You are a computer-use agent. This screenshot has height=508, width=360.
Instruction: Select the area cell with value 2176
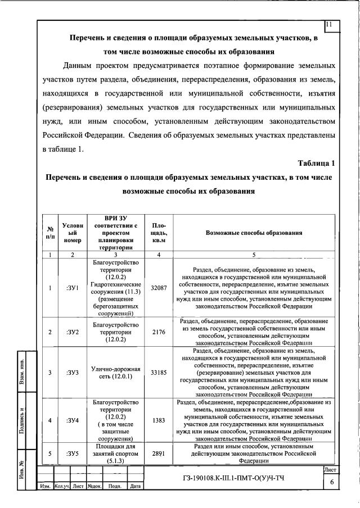point(158,332)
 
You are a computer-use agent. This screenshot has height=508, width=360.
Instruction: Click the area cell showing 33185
point(158,372)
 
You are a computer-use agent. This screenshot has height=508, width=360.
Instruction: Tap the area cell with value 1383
point(158,420)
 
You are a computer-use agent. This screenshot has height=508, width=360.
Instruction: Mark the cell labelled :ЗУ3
point(73,372)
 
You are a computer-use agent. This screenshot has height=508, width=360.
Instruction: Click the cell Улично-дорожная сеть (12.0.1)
point(115,372)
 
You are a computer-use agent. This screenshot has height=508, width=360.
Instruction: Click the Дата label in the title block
point(134,502)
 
